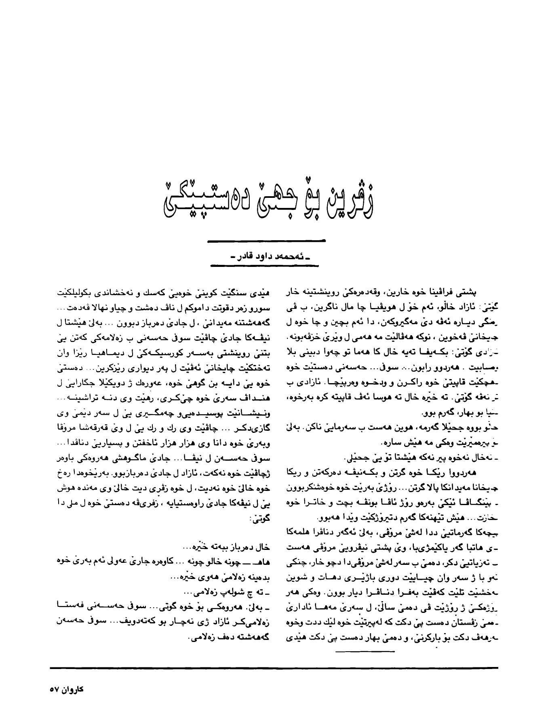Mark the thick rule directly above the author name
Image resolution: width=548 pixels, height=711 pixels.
(266, 241)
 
